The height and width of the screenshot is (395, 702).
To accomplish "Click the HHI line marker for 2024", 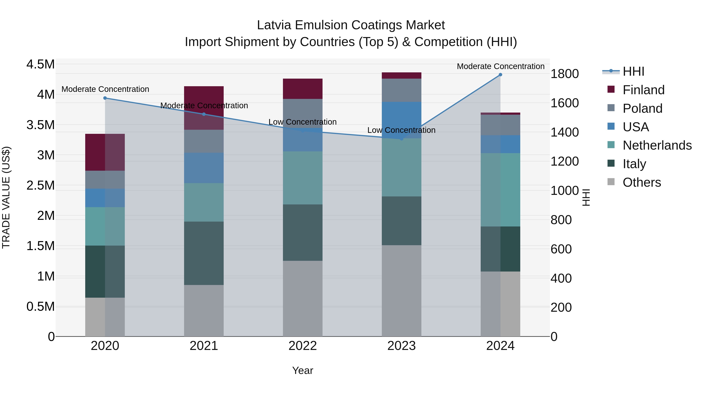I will (500, 75).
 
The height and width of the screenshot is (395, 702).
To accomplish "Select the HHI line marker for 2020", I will (105, 98).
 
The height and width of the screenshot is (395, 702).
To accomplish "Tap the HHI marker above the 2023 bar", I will (402, 139).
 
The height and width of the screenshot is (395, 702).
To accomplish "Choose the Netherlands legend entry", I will (657, 145).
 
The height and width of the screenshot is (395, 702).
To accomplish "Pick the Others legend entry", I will (642, 182).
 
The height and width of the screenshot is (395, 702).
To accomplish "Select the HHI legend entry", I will (633, 71).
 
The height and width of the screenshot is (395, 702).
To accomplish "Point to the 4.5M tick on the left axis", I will (40, 65).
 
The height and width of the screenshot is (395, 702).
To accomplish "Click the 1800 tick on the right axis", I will (565, 74).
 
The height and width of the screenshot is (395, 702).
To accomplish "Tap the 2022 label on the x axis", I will (302, 346).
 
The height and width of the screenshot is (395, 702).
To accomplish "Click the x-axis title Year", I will (302, 370).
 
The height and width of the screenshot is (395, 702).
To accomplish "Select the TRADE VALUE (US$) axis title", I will (6, 197).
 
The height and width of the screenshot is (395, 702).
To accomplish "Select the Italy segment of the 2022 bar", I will (302, 232).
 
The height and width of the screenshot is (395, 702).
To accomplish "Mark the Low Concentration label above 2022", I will (302, 122).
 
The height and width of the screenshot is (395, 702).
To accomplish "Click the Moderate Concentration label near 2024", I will (500, 66).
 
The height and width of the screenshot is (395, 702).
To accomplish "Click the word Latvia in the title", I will (274, 25).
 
